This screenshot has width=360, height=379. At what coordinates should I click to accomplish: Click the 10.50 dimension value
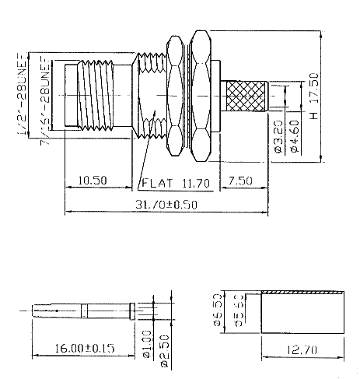point(93,181)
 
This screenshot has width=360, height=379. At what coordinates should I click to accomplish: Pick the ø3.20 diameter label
point(278,136)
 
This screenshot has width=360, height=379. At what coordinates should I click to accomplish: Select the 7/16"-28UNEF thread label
point(37,93)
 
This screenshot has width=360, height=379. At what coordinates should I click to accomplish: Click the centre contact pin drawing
point(78,311)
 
